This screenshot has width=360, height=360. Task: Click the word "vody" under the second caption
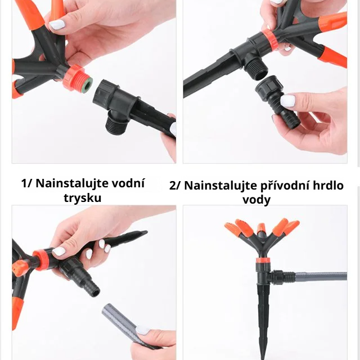click(x=256, y=200)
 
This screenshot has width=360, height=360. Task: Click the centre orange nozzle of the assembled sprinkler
click(x=261, y=229)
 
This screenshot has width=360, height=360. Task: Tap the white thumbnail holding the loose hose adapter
click(x=287, y=101)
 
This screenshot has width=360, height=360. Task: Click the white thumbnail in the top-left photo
click(x=57, y=24)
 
